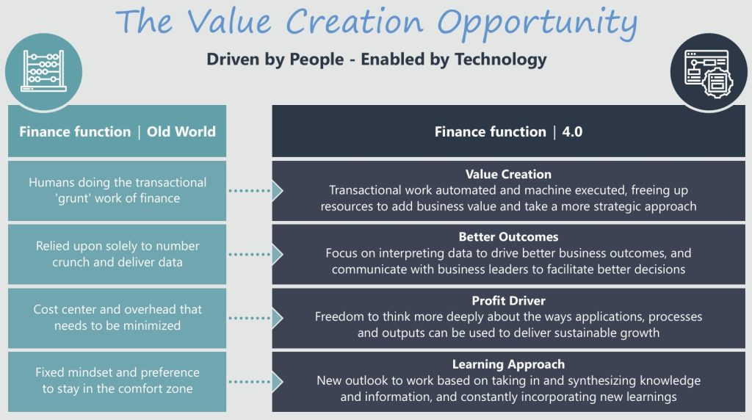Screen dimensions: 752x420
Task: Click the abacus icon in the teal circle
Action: tap(43, 71)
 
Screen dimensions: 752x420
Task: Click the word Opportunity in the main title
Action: tap(537, 23)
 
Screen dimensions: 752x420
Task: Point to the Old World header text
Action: tap(181, 132)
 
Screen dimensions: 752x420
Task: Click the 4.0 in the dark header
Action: tap(572, 132)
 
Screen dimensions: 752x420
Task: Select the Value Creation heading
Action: tap(508, 174)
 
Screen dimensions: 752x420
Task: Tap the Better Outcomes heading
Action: tap(508, 237)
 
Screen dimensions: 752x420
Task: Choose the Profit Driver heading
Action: tap(508, 300)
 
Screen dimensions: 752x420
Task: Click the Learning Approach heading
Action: tap(508, 364)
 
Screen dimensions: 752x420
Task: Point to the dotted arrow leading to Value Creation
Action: tap(256, 191)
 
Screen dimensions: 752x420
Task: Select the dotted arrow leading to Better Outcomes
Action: tap(256, 254)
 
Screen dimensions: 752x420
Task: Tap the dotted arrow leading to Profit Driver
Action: tap(256, 318)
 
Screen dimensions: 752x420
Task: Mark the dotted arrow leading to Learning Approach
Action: tap(256, 382)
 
